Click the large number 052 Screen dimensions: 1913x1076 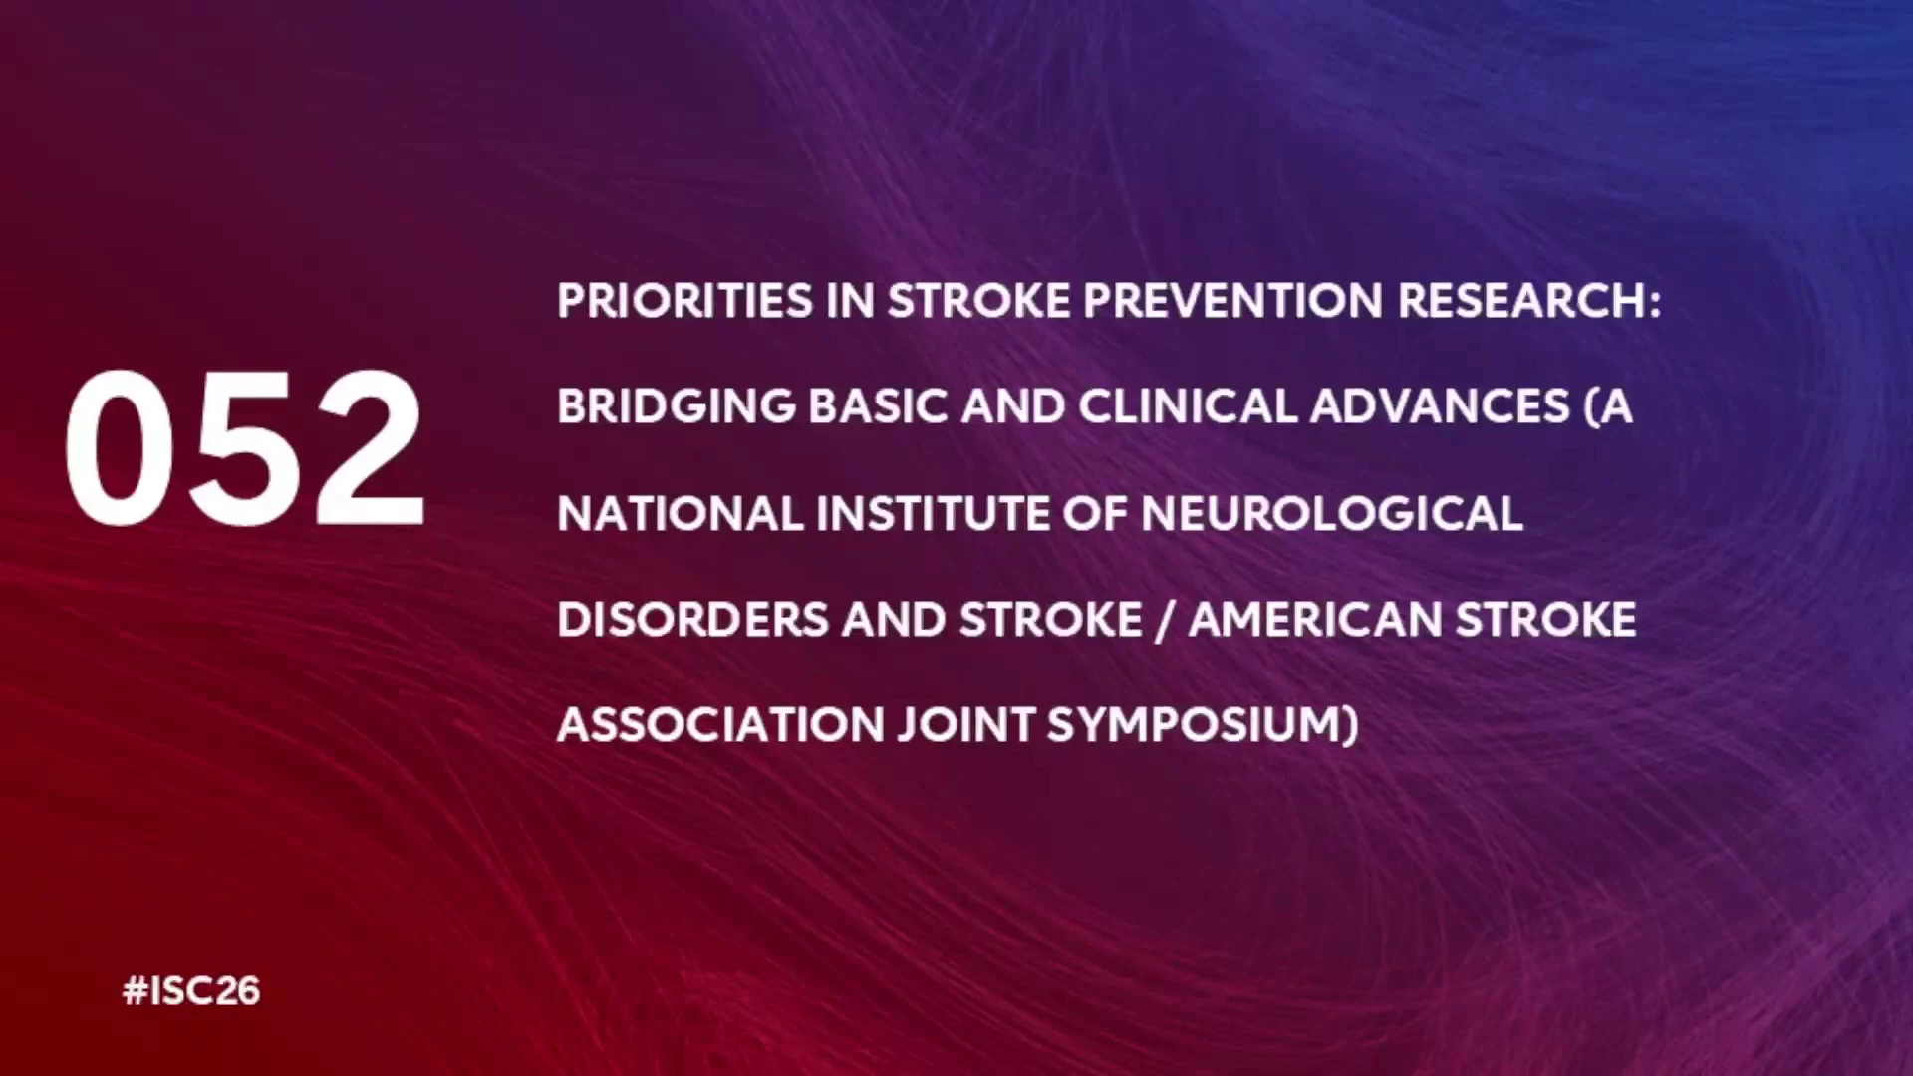[245, 447]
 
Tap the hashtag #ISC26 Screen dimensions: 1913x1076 [191, 991]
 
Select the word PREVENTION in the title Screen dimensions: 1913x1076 [1232, 301]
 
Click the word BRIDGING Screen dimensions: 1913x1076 [677, 406]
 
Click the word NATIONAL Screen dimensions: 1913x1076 [681, 514]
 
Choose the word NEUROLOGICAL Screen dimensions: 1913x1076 [1332, 514]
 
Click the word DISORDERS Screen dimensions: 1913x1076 [692, 620]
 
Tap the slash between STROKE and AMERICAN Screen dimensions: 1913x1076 [1166, 621]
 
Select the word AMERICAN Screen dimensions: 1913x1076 [1315, 620]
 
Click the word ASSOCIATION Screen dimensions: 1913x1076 [720, 725]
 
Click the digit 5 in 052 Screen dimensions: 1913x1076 [246, 448]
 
